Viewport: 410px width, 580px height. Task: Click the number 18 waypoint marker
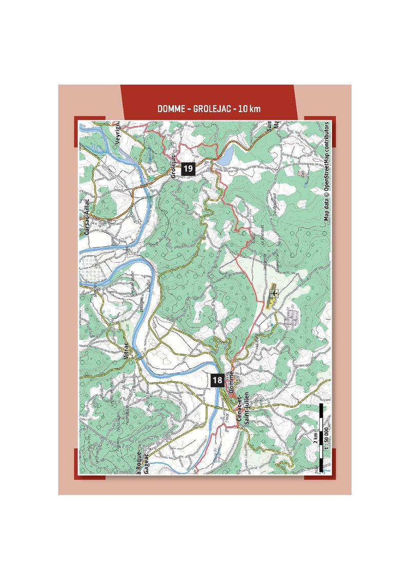(x=217, y=380)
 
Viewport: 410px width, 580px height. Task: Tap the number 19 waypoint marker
(x=188, y=168)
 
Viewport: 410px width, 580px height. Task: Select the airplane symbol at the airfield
(x=274, y=293)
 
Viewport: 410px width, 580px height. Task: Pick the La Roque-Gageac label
(x=142, y=464)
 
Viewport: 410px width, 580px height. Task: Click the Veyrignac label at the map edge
(x=117, y=134)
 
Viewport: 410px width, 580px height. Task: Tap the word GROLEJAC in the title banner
(x=211, y=109)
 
